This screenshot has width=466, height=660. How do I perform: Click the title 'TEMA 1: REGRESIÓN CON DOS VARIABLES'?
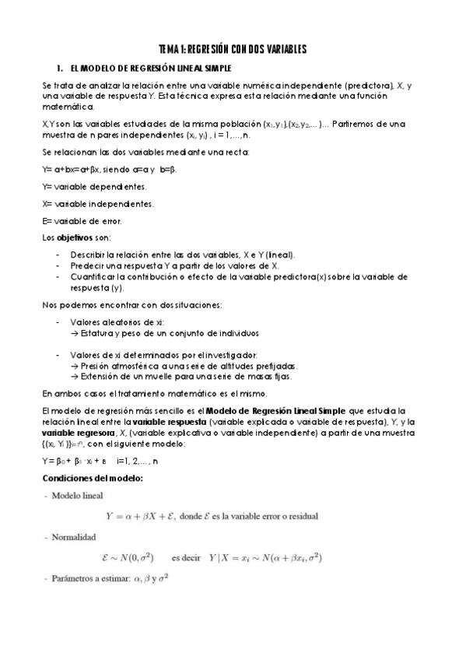[233, 49]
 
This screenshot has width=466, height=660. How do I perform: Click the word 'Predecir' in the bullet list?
[86, 265]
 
